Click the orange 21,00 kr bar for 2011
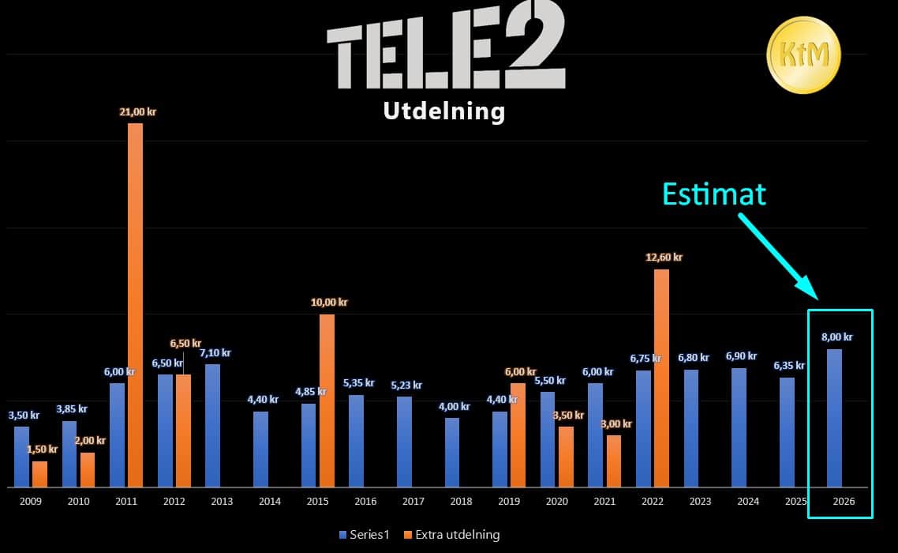click(x=135, y=305)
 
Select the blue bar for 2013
click(x=212, y=426)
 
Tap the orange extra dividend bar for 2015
click(x=327, y=401)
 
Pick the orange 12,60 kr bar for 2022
click(x=661, y=378)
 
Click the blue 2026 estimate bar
click(x=834, y=418)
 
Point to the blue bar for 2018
click(x=452, y=453)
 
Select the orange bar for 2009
click(x=40, y=475)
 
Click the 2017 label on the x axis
click(x=413, y=502)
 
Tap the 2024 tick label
click(x=748, y=502)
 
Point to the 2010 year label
click(x=78, y=502)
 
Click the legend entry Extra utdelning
click(x=451, y=535)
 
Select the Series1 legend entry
click(x=365, y=535)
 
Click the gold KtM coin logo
click(x=803, y=55)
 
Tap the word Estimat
click(x=714, y=194)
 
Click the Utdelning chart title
click(x=443, y=111)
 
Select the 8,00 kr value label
click(x=836, y=337)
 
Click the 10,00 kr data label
click(x=329, y=303)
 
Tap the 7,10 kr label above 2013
click(x=215, y=353)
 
